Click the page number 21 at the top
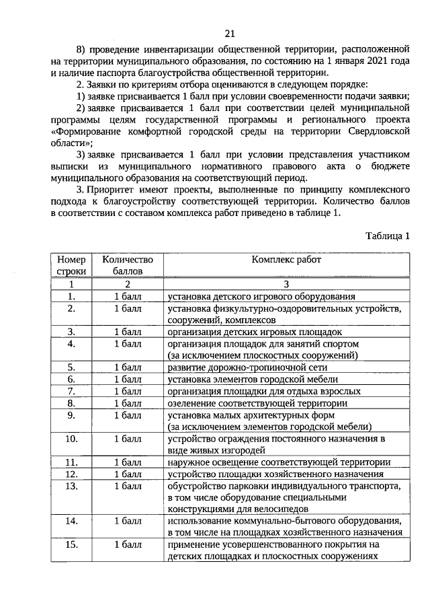coord(230,34)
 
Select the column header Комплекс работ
coord(286,259)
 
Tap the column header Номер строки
coord(71,264)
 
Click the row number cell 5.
coord(71,367)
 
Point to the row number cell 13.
coord(71,485)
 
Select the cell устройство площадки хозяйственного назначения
coord(274,474)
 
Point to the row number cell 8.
coord(71,403)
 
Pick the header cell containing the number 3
coord(286,284)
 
